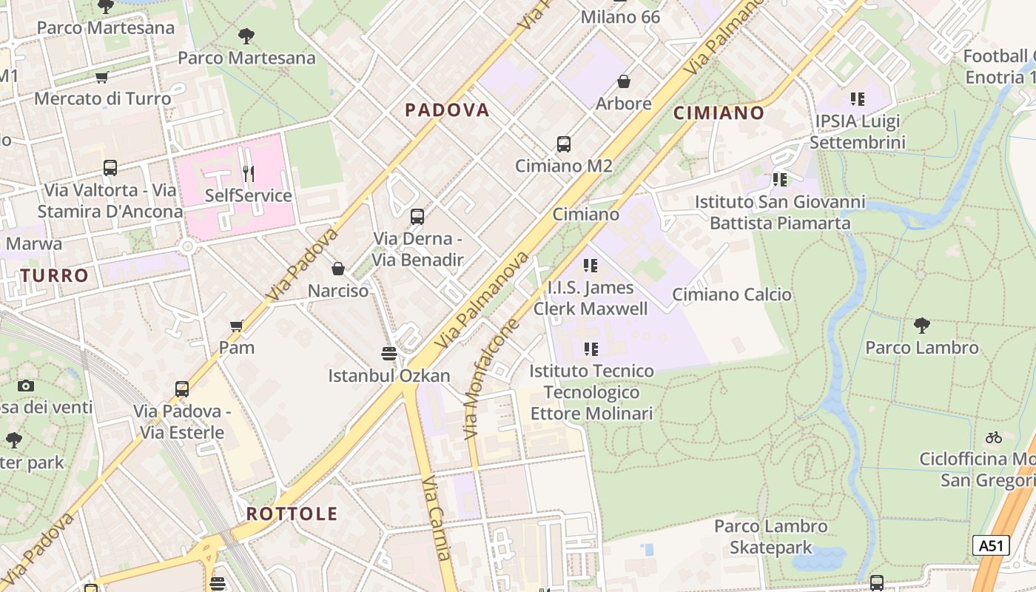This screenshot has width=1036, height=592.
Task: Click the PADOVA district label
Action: (447, 110)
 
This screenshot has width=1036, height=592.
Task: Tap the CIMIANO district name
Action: (719, 112)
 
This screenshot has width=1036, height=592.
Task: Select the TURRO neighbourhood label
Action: (54, 276)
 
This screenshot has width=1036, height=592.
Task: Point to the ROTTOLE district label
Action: (292, 514)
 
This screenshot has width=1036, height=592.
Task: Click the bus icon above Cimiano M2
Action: (564, 144)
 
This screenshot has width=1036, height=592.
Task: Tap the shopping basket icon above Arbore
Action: (624, 81)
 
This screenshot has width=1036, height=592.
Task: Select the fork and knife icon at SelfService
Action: (249, 174)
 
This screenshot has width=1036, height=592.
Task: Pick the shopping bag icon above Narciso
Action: (338, 269)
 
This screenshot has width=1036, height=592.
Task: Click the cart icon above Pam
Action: (237, 326)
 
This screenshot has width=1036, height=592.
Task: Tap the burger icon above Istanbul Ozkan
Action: (389, 353)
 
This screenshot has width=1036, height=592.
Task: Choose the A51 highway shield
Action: (991, 546)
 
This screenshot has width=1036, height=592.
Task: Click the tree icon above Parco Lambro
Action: (922, 325)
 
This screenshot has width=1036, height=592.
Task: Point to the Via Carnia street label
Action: (437, 518)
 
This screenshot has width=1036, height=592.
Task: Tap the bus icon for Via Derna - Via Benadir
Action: (417, 217)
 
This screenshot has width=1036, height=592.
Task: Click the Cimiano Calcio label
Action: (732, 295)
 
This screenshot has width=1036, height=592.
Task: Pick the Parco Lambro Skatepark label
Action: (771, 537)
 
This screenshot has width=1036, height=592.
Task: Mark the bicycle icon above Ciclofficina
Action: (994, 437)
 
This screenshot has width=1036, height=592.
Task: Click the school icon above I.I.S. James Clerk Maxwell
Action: (590, 265)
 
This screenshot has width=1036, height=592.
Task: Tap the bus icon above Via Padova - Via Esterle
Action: (182, 389)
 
